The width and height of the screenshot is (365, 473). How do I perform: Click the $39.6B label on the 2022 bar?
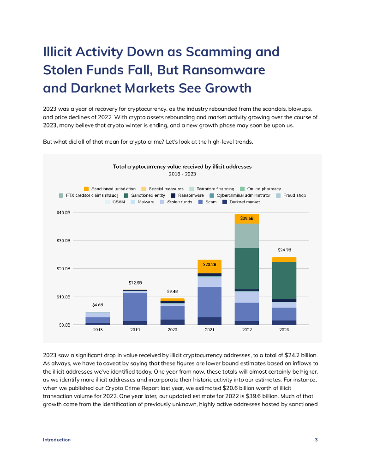(246, 218)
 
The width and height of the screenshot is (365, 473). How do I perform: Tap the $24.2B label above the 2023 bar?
(284, 250)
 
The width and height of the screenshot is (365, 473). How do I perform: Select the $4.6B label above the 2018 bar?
(98, 305)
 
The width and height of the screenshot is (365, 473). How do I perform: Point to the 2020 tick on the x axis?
(172, 330)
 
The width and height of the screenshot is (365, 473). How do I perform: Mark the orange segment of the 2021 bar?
(209, 266)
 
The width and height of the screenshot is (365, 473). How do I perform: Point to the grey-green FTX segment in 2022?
(246, 236)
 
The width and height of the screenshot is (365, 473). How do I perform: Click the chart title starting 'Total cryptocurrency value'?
(182, 166)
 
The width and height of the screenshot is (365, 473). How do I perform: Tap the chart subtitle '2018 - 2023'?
(182, 174)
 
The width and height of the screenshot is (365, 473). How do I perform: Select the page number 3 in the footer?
(316, 440)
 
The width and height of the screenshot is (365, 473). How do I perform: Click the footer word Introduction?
(57, 440)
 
